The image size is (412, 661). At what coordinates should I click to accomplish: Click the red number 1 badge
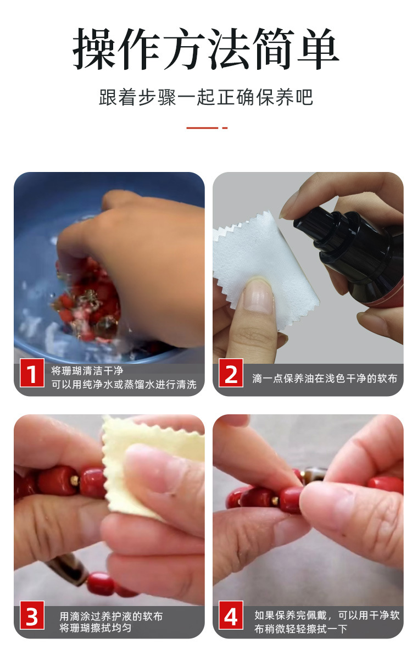[x=32, y=373]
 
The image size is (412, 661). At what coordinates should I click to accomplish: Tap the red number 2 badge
[x=231, y=373]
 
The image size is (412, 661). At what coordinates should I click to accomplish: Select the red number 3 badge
[x=32, y=615]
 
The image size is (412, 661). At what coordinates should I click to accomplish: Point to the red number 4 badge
[x=231, y=615]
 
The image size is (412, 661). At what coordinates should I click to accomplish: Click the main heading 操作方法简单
[x=206, y=49]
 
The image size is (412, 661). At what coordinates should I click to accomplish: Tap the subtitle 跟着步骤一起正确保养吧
[x=206, y=97]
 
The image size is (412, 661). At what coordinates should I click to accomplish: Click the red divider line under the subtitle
[x=207, y=128]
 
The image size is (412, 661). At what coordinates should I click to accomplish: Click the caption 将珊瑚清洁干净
[x=87, y=371]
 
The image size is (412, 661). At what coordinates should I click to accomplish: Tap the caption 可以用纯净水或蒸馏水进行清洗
[x=124, y=385]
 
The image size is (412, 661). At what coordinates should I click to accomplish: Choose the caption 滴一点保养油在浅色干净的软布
[x=325, y=379]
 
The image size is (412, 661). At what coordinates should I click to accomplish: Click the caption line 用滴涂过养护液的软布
[x=111, y=616]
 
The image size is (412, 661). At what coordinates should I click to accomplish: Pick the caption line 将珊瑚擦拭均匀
[x=96, y=628]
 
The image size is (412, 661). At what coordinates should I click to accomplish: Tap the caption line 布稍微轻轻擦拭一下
[x=300, y=629]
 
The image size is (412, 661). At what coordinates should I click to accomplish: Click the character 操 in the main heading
[x=94, y=49]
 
